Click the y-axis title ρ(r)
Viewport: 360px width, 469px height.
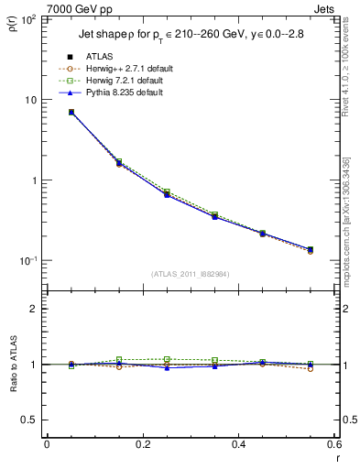14,27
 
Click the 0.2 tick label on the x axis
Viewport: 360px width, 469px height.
142,444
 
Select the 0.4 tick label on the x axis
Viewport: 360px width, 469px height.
238,444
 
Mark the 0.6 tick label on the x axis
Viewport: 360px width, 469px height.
333,444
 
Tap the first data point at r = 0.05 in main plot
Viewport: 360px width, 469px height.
71,112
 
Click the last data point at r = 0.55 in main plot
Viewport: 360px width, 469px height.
311,249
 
